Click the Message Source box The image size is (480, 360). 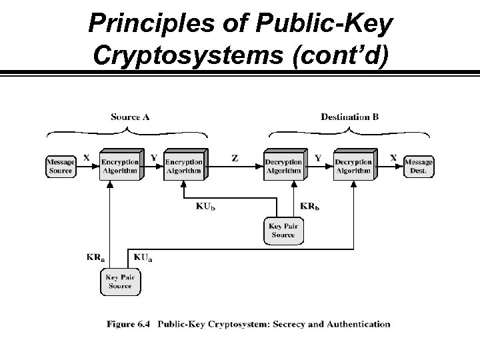click(x=60, y=166)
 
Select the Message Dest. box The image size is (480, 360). click(x=418, y=166)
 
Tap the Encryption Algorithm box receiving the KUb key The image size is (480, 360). click(x=184, y=166)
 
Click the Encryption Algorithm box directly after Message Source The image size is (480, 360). click(x=119, y=166)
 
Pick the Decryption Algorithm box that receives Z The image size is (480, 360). click(x=283, y=166)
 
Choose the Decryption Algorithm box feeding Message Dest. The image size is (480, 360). click(x=353, y=166)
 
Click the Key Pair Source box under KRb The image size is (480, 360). click(x=283, y=231)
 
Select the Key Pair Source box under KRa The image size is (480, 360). click(x=120, y=281)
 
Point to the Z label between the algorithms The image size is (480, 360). click(x=235, y=159)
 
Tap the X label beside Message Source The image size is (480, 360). click(x=87, y=158)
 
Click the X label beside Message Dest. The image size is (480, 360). click(x=393, y=158)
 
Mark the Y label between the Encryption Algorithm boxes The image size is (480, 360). click(x=153, y=158)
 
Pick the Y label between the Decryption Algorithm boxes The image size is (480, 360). click(x=317, y=158)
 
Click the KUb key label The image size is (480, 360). click(x=205, y=206)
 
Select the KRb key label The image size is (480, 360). click(x=310, y=206)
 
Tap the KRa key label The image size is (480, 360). click(x=95, y=256)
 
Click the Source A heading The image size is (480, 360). click(x=130, y=117)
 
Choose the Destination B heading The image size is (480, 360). click(x=349, y=117)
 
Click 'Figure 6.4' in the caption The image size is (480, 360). click(x=129, y=325)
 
